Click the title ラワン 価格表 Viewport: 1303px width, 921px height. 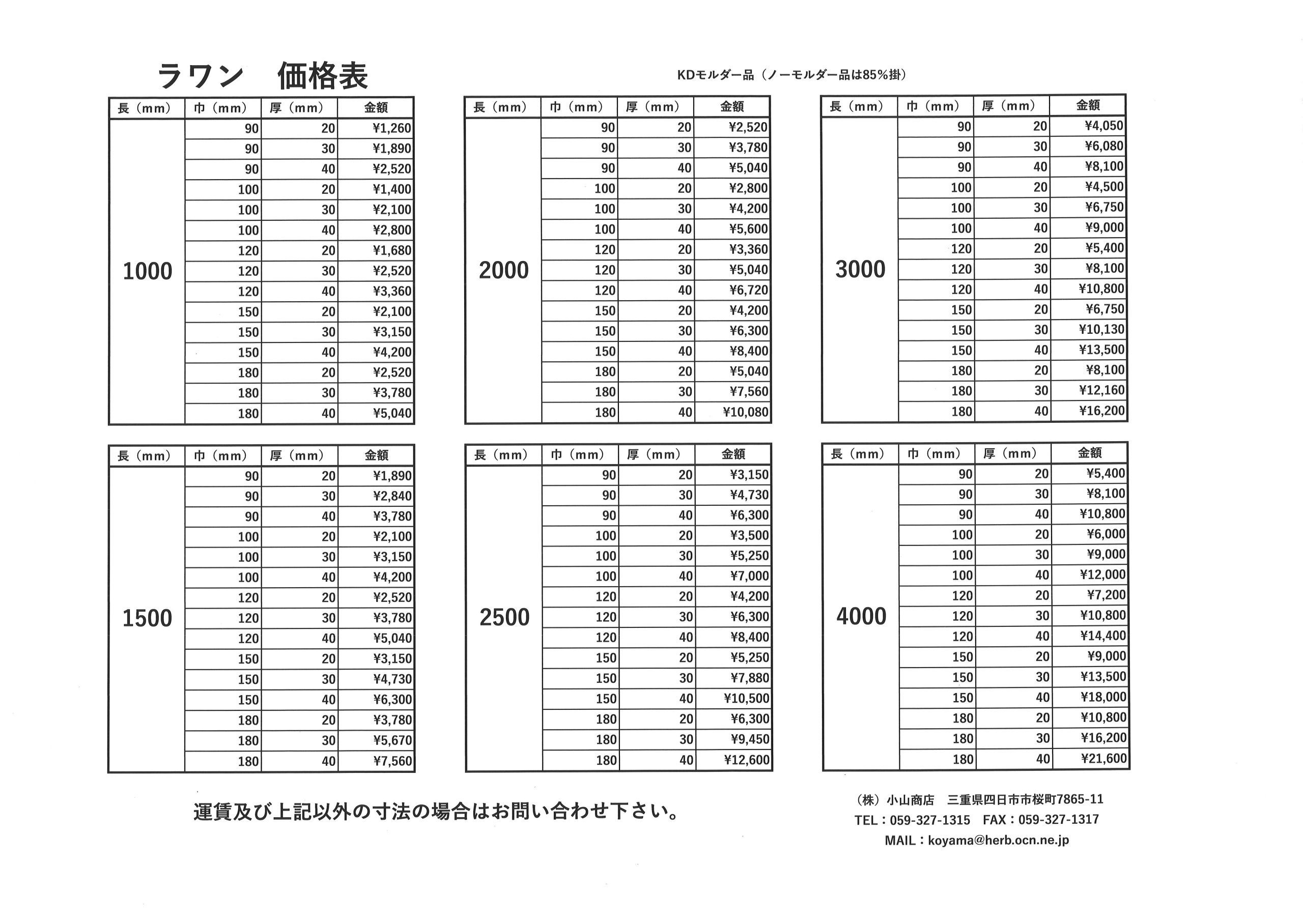click(x=262, y=76)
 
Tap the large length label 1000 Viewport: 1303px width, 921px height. click(x=147, y=271)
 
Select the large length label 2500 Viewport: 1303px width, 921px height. click(x=504, y=617)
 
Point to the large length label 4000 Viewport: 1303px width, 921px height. click(x=861, y=616)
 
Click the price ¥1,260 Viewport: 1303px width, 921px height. click(x=391, y=128)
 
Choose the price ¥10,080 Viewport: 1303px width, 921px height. click(x=745, y=412)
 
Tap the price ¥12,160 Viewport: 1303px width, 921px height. click(x=1101, y=390)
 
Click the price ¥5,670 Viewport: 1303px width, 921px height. click(x=392, y=740)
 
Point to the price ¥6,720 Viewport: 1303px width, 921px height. click(x=748, y=291)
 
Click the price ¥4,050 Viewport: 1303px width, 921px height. click(x=1104, y=126)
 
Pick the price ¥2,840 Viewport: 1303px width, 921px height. click(x=392, y=497)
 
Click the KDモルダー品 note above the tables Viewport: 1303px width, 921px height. click(x=791, y=74)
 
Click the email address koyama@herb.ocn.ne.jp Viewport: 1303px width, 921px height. click(x=998, y=840)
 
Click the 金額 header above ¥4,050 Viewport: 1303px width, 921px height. click(x=1088, y=105)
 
